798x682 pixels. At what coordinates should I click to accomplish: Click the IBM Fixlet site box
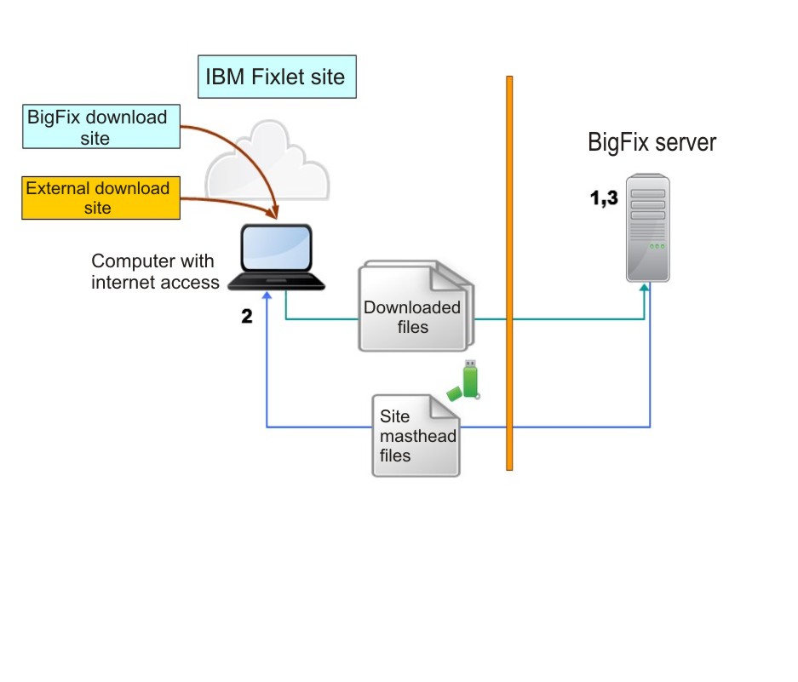click(x=275, y=77)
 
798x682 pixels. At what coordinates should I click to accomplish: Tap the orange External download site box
click(x=100, y=198)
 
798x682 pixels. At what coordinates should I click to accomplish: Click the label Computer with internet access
click(x=154, y=272)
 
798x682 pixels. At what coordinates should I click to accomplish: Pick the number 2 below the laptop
click(x=247, y=317)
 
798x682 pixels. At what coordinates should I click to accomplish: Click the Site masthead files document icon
click(x=416, y=435)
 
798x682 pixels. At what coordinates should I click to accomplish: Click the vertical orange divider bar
click(x=509, y=272)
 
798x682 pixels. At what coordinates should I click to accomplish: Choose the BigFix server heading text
click(x=652, y=142)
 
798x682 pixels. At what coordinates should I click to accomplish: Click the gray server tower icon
click(x=647, y=228)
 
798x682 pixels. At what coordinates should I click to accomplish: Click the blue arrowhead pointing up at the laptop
click(x=267, y=295)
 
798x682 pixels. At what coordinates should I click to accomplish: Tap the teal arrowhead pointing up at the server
click(x=645, y=289)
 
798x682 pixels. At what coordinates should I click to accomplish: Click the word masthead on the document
click(x=417, y=436)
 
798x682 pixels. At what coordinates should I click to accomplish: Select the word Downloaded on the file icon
click(x=412, y=307)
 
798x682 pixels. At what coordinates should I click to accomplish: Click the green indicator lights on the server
click(x=656, y=247)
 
